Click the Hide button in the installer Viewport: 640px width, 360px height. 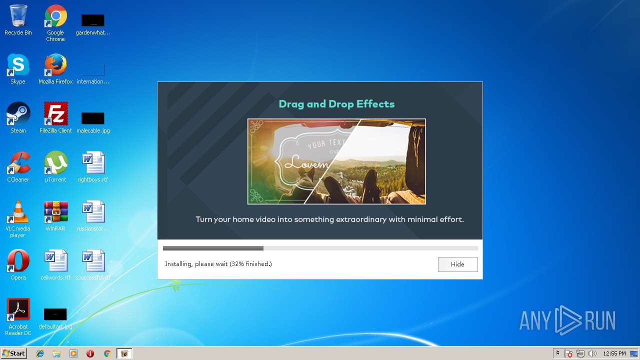tap(457, 264)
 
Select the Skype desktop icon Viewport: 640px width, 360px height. tap(18, 65)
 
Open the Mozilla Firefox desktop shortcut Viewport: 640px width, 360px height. tap(55, 65)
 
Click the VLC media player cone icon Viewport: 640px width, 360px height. tap(18, 212)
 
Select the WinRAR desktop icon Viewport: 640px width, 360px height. tap(55, 212)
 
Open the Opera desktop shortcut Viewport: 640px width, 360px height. tap(18, 261)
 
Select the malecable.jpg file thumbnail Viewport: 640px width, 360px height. tap(93, 118)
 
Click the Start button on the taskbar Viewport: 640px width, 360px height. tap(14, 353)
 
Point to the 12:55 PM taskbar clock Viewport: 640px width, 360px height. tap(614, 353)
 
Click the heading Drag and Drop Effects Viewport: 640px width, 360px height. tap(336, 104)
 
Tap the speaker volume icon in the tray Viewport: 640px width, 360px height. tap(592, 353)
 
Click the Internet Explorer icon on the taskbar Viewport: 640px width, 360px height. tap(40, 353)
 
